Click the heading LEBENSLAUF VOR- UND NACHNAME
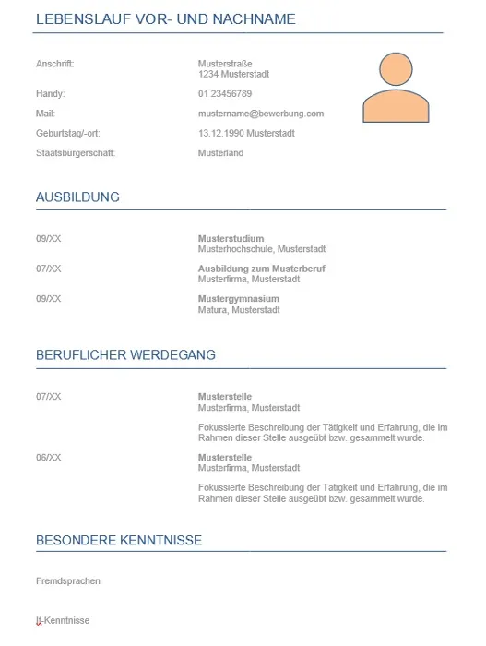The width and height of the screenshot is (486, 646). pyautogui.click(x=165, y=19)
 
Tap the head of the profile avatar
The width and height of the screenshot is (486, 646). pyautogui.click(x=397, y=70)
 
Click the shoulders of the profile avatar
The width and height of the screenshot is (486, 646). pyautogui.click(x=397, y=105)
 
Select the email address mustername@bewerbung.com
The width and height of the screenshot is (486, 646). pyautogui.click(x=261, y=114)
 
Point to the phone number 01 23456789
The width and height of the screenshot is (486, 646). pyautogui.click(x=225, y=94)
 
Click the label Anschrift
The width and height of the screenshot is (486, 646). pyautogui.click(x=54, y=64)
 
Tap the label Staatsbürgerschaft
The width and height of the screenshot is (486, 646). pyautogui.click(x=76, y=153)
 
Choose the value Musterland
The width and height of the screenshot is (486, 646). pyautogui.click(x=220, y=153)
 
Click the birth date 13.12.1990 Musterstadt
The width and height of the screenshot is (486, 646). pyautogui.click(x=246, y=133)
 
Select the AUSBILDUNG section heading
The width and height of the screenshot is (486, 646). pyautogui.click(x=77, y=197)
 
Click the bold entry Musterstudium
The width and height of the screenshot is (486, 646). pyautogui.click(x=231, y=239)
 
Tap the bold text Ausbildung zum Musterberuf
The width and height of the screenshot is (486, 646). pyautogui.click(x=262, y=269)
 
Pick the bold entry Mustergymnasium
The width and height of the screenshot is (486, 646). pyautogui.click(x=238, y=299)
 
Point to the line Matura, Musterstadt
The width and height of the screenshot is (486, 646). pyautogui.click(x=239, y=310)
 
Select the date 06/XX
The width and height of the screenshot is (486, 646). pyautogui.click(x=49, y=458)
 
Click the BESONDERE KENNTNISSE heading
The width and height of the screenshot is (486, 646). pyautogui.click(x=119, y=540)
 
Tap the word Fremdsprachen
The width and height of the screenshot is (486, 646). pyautogui.click(x=68, y=581)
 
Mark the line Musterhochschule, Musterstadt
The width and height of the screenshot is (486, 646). pyautogui.click(x=262, y=249)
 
